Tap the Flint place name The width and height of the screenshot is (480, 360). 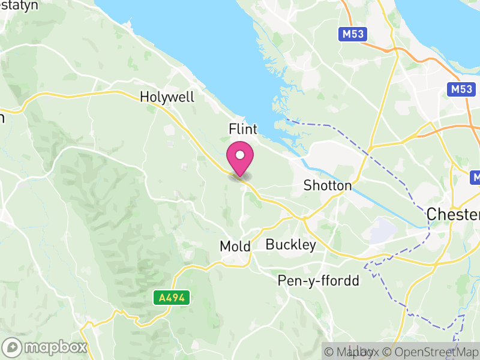tap(243, 129)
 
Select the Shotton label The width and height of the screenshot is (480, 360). tap(328, 185)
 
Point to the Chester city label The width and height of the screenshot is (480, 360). tap(453, 214)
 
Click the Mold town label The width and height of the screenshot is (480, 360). tap(235, 246)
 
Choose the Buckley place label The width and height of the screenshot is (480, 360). tap(290, 245)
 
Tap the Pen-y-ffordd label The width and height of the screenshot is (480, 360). tap(318, 281)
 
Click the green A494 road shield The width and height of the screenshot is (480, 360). tap(172, 297)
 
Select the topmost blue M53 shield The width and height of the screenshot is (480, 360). tap(353, 34)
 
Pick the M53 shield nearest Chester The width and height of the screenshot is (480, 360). tap(460, 89)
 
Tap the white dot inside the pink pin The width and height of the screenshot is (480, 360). tap(240, 155)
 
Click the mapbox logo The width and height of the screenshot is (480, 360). tap(46, 347)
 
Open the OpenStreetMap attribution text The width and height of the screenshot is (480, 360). tap(431, 352)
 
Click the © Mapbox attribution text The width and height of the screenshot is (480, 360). tap(353, 352)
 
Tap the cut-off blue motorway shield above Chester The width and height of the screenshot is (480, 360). tap(475, 178)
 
